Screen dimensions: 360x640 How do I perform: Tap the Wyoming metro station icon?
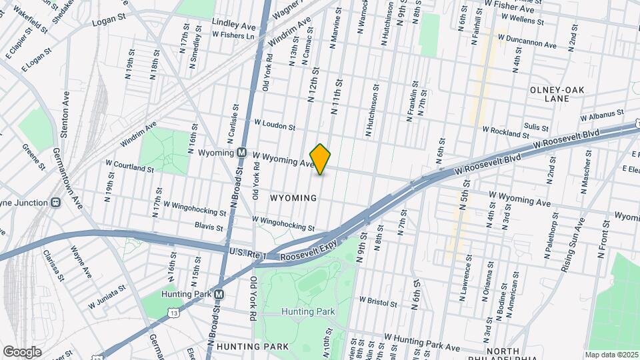243,153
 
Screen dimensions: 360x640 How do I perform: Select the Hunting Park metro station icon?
219,294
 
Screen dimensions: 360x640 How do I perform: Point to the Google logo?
22,351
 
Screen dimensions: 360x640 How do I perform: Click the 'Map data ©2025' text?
610,355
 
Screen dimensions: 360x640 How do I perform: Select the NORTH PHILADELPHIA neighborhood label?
511,354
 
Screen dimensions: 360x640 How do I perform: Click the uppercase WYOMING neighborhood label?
293,199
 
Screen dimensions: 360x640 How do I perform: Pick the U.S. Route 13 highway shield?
174,311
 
